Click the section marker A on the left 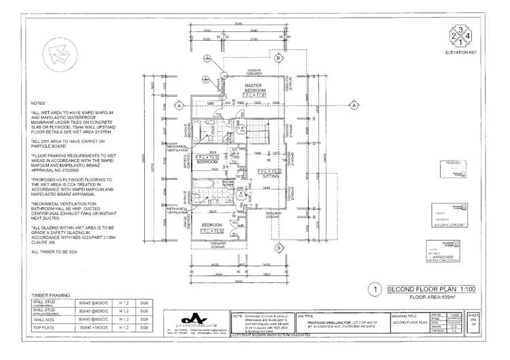[179, 106]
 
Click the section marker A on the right [355, 105]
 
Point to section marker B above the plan [279, 59]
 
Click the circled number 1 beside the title [377, 289]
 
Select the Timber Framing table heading [50, 296]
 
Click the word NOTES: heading [38, 104]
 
